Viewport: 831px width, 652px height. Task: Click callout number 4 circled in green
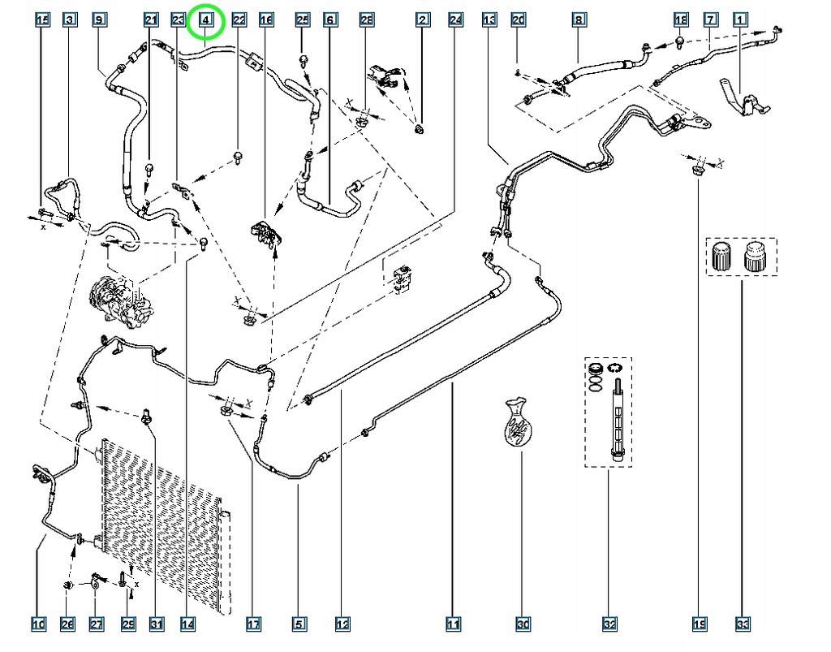[x=207, y=19]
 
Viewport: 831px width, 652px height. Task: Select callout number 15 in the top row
[x=43, y=19]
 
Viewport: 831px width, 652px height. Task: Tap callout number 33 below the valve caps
[x=741, y=624]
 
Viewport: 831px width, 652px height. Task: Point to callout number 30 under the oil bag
[x=523, y=624]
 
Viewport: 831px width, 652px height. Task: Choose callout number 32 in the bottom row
[x=609, y=624]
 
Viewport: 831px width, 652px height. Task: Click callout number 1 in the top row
[x=740, y=19]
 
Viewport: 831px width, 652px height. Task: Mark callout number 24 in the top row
[x=455, y=19]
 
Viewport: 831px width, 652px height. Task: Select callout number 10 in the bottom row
[x=38, y=624]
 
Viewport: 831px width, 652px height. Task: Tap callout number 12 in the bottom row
[x=342, y=624]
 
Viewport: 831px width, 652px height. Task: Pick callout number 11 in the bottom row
[x=453, y=624]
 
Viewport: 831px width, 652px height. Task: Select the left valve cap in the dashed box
[x=720, y=257]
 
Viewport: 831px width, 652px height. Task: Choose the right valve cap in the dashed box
[x=756, y=257]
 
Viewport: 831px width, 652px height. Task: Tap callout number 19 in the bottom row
[x=698, y=624]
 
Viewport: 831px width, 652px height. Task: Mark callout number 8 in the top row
[x=578, y=19]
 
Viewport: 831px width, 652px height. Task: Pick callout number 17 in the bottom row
[x=253, y=624]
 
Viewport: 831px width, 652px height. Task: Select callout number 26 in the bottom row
[x=67, y=624]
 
